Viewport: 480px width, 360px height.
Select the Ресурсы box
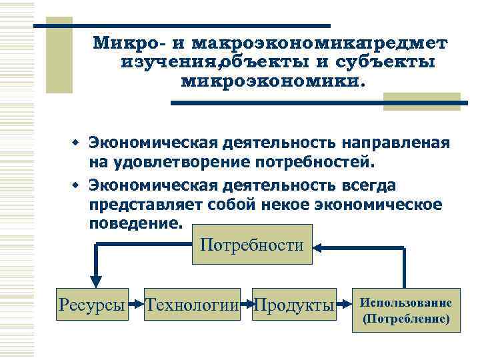click(x=92, y=305)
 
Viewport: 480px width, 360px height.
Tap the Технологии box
click(x=192, y=305)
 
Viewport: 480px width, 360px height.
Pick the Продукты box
click(x=294, y=305)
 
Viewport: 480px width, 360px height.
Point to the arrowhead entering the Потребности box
click(x=319, y=247)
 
